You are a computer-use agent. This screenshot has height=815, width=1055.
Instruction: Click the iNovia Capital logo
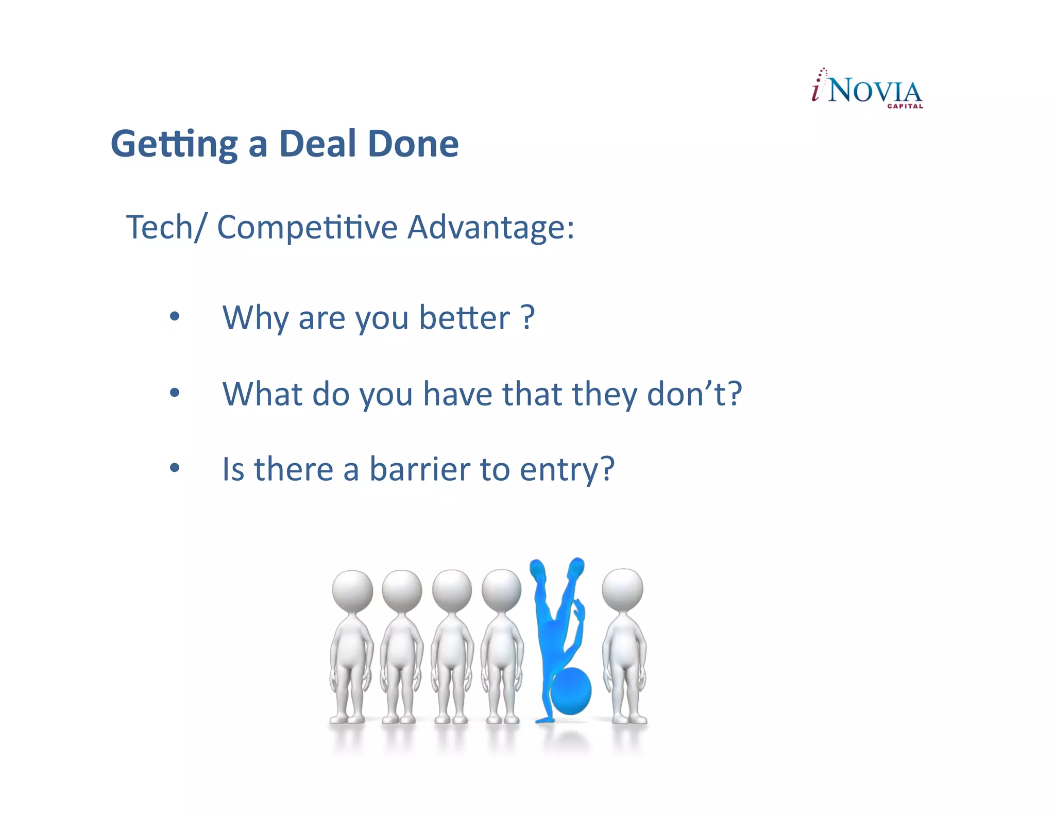pyautogui.click(x=867, y=89)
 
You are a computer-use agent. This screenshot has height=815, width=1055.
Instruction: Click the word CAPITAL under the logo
pyautogui.click(x=905, y=106)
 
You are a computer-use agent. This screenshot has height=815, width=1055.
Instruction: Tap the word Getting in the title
pyautogui.click(x=174, y=145)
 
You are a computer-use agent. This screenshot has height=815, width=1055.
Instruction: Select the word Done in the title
pyautogui.click(x=413, y=144)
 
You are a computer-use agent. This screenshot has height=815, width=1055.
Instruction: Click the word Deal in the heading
pyautogui.click(x=317, y=144)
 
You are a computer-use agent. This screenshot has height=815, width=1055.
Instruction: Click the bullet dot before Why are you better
pyautogui.click(x=175, y=316)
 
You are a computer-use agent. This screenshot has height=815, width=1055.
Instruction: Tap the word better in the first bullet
pyautogui.click(x=464, y=317)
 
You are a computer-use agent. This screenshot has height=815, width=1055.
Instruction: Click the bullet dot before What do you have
pyautogui.click(x=175, y=393)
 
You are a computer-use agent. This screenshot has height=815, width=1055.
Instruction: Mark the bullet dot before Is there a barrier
pyautogui.click(x=175, y=468)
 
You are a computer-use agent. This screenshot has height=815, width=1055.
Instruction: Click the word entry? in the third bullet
pyautogui.click(x=567, y=470)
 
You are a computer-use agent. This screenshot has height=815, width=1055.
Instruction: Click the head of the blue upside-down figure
pyautogui.click(x=571, y=691)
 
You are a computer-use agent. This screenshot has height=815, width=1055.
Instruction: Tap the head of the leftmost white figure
pyautogui.click(x=352, y=590)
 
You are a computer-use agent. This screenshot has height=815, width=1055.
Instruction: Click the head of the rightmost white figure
pyautogui.click(x=622, y=588)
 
